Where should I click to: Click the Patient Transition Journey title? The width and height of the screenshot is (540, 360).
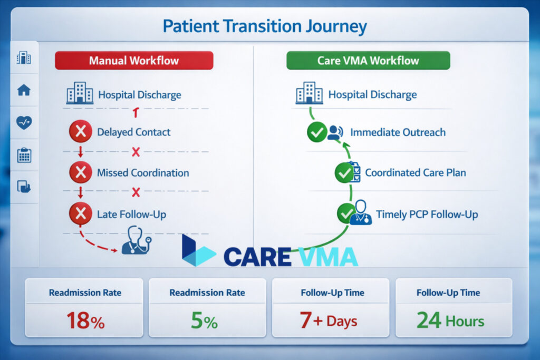tap(264, 26)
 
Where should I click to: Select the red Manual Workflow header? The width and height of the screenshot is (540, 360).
tap(134, 60)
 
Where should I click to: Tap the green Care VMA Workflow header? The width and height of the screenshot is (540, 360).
tap(368, 60)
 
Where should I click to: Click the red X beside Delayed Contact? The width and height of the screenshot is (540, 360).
tap(80, 132)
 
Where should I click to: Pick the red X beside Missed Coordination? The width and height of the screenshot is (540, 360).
tap(80, 172)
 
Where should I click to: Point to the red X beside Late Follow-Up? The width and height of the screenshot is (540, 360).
tap(80, 214)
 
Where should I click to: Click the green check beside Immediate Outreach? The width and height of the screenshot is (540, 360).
tap(317, 132)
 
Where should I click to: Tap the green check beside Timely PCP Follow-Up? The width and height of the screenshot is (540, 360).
tap(346, 213)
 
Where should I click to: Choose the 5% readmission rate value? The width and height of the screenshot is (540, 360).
tap(204, 320)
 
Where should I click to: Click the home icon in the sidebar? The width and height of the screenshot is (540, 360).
tap(24, 90)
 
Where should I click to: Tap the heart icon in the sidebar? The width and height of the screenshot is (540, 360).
tap(24, 122)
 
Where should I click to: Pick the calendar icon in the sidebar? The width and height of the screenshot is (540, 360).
tap(24, 155)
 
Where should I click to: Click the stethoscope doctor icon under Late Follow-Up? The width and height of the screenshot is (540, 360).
tap(136, 241)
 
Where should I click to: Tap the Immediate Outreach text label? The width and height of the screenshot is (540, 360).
tap(398, 132)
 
